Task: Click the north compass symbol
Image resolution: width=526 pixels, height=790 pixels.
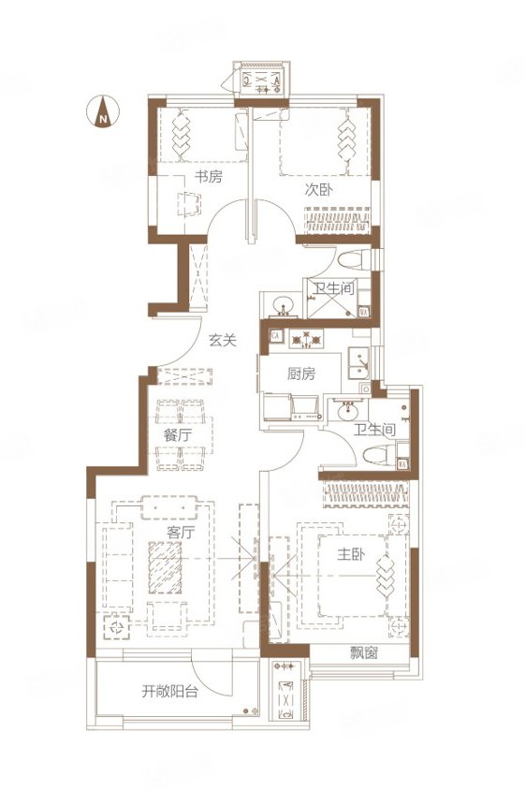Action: point(103,111)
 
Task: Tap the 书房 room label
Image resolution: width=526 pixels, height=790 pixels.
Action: point(208,176)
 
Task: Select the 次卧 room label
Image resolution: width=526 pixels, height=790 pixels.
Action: point(318,190)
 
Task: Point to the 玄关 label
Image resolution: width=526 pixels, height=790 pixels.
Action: point(223,341)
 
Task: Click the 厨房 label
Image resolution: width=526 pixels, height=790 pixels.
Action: point(301,373)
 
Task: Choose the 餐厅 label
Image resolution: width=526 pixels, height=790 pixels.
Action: point(177,435)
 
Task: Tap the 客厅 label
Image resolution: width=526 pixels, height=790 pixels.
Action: point(181,532)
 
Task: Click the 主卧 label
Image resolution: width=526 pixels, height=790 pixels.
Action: point(351,554)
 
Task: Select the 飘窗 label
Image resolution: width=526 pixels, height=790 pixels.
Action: point(364,653)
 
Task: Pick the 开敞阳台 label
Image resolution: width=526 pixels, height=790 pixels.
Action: point(169,691)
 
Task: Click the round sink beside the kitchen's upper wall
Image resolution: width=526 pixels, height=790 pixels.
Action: point(285,305)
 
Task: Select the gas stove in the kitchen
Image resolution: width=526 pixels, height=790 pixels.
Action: point(306,340)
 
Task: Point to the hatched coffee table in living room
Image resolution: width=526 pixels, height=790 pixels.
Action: point(166,568)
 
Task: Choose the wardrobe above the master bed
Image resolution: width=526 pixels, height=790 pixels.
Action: point(366,494)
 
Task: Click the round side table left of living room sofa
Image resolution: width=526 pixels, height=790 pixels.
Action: point(117,627)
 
